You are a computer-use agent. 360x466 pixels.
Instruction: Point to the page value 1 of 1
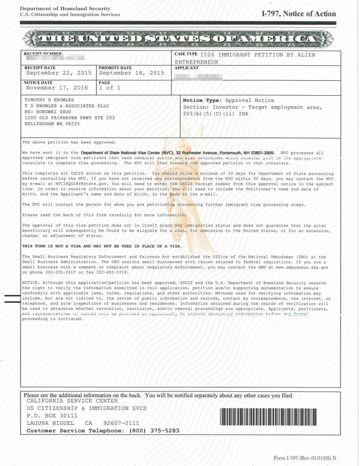110,88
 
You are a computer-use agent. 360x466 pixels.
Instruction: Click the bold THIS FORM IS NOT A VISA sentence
102,245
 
